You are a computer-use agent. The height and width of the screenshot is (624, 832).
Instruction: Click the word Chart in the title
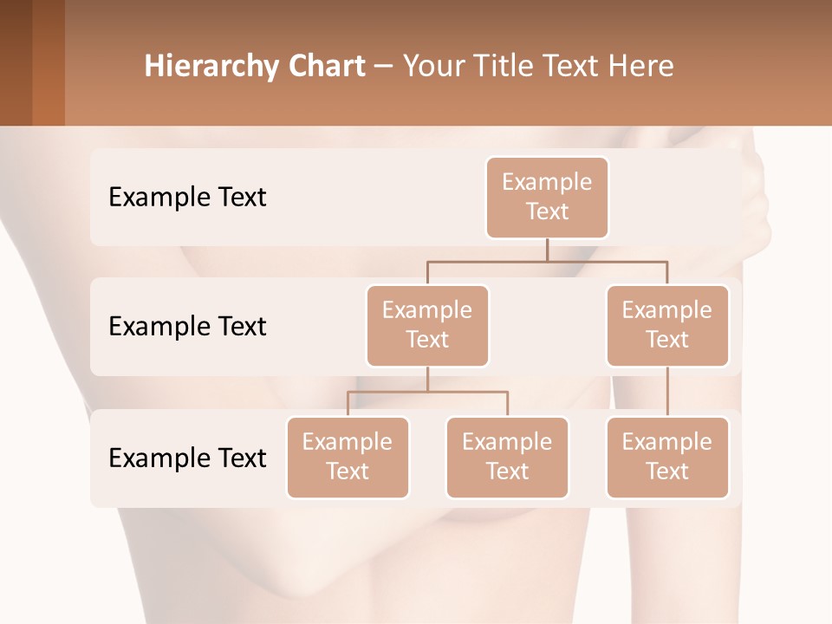pos(321,67)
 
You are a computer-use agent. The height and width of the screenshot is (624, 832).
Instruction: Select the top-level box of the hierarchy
pos(547,198)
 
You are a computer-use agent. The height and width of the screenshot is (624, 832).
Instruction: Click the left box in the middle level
pos(427,325)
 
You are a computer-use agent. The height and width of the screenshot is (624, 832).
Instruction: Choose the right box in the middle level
pos(667,325)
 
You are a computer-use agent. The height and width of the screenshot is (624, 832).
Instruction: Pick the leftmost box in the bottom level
pos(348,457)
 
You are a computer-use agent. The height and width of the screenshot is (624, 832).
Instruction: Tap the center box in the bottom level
pos(507,457)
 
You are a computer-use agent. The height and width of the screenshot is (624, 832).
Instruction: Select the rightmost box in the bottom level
pos(667,457)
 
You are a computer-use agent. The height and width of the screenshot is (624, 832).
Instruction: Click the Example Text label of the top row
pos(187,198)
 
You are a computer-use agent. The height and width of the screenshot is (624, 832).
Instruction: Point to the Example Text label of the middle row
pos(187,327)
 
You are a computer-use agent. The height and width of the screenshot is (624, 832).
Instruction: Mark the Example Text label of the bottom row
pos(187,458)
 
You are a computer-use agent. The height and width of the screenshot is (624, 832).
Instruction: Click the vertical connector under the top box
pos(547,250)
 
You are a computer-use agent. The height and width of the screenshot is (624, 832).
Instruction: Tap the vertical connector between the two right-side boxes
pos(667,391)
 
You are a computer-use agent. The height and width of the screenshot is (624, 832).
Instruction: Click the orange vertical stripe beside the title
pos(49,62)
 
